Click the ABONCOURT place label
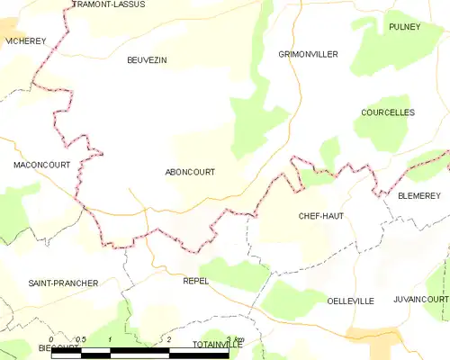click(x=190, y=172)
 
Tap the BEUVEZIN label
click(x=148, y=60)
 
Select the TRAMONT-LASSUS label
click(x=111, y=4)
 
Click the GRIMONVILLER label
click(x=308, y=55)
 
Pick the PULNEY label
click(x=405, y=27)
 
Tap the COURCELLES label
click(x=387, y=112)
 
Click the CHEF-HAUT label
click(x=321, y=217)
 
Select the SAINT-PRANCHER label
click(x=63, y=283)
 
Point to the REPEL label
click(x=195, y=281)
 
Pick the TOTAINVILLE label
click(x=217, y=345)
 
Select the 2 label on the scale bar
click(x=168, y=339)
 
